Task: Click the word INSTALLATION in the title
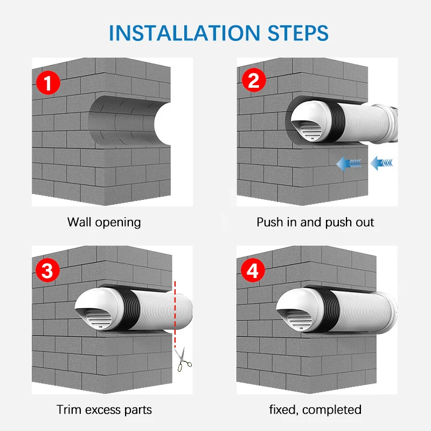[x=184, y=33]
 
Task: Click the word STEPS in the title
[x=298, y=33]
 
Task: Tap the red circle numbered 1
[x=48, y=82]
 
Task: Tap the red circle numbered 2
[x=254, y=80]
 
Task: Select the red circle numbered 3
[x=47, y=270]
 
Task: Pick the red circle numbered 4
[x=253, y=270]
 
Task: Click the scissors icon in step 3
[x=183, y=359]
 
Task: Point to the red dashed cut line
[x=175, y=314]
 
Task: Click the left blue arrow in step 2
[x=349, y=164]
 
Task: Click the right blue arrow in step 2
[x=381, y=163]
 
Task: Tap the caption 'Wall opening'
[x=104, y=223]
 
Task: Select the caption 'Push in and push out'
[x=315, y=223]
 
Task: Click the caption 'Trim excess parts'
[x=104, y=410]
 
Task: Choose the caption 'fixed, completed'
[x=315, y=410]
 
